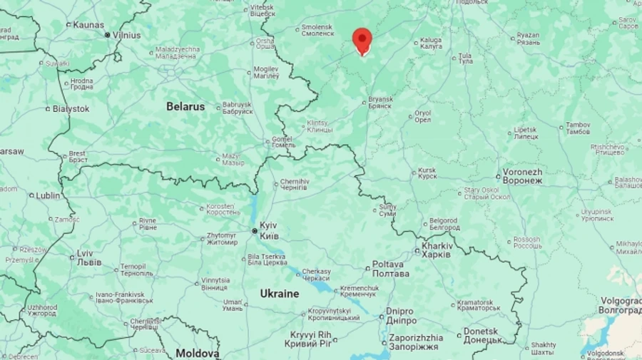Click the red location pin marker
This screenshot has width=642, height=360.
coord(362,40)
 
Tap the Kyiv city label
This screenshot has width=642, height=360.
coord(269,230)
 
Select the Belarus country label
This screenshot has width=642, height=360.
coord(185,106)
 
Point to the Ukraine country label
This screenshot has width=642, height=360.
coord(279,293)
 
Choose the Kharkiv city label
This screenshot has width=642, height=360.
coord(437,250)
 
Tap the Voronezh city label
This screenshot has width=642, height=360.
coord(522,176)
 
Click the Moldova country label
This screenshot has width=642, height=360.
coord(198,353)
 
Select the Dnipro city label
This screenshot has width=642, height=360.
coord(399,315)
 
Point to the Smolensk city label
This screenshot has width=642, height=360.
coord(317,30)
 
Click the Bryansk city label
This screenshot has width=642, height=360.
coord(381,102)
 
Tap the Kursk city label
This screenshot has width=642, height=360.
coord(427,173)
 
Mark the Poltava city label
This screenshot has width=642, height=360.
coord(391,269)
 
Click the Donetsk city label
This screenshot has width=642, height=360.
coord(481,335)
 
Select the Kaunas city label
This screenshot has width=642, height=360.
coord(88,24)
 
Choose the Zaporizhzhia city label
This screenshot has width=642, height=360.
coord(415,341)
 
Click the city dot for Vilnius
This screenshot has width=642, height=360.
coord(107,34)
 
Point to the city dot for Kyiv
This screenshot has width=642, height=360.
coord(255,230)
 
